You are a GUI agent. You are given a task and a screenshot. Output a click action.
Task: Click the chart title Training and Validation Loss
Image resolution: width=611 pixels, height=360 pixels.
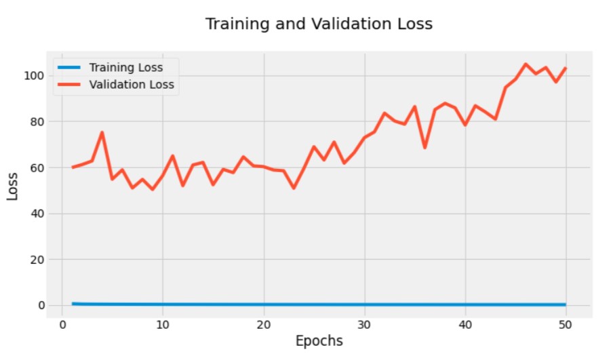[x=319, y=24]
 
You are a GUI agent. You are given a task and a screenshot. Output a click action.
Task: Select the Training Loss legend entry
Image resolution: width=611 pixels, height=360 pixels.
[x=135, y=68]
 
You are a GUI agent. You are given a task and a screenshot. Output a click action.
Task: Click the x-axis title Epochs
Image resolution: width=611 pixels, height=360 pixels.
[x=319, y=340]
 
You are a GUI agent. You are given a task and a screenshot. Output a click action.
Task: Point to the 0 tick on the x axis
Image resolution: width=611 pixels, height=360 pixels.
[x=62, y=324]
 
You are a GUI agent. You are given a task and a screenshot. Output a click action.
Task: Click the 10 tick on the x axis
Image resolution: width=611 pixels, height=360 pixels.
[x=163, y=324]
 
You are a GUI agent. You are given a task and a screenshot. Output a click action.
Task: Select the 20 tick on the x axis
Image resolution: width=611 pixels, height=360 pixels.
[x=264, y=324]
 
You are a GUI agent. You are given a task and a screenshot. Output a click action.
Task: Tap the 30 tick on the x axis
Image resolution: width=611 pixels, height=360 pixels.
[x=365, y=324]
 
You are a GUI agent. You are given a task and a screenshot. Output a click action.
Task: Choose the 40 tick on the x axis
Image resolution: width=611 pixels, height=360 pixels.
[x=466, y=324]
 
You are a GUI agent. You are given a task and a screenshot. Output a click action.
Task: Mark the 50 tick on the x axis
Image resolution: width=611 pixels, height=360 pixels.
[x=566, y=324]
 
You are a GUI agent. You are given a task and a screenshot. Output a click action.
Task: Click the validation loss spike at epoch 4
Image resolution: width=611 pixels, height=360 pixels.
[x=102, y=133]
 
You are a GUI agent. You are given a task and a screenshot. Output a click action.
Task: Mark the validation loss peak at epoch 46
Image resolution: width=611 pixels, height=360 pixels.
[x=526, y=64]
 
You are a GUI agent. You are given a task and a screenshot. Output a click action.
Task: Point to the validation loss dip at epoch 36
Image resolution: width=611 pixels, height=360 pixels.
[x=425, y=147]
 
